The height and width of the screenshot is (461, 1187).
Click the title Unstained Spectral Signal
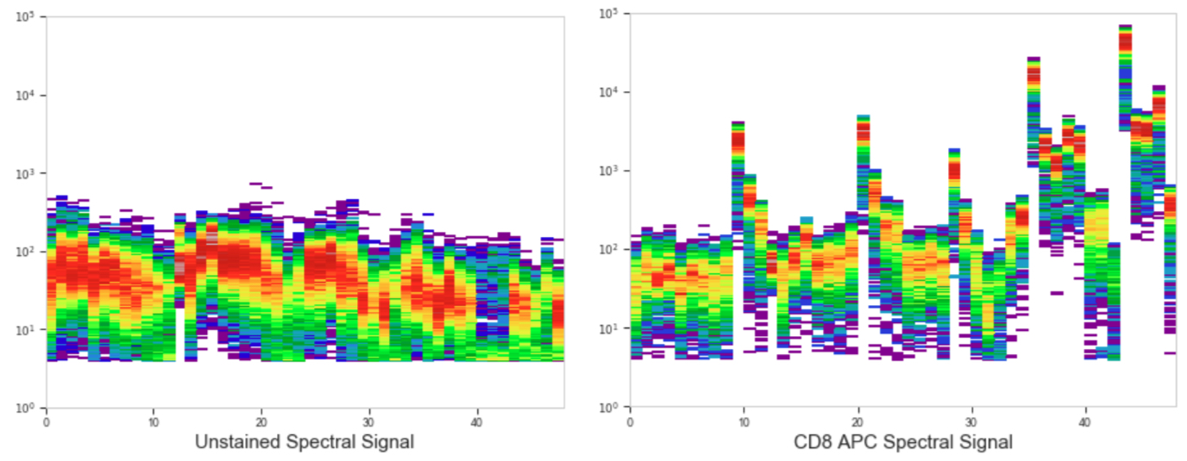tap(305, 442)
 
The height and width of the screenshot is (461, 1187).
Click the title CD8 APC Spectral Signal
tap(902, 443)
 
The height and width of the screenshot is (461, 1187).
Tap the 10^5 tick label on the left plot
tap(24, 17)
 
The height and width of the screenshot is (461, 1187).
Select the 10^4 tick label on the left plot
tap(24, 96)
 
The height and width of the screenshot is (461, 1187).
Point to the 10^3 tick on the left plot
tap(24, 173)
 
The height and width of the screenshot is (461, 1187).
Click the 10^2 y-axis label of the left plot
tap(24, 252)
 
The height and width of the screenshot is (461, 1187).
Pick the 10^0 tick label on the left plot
tap(24, 408)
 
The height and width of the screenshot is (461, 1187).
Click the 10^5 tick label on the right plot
tap(609, 14)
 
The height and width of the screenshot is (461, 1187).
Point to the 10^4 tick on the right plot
tap(609, 92)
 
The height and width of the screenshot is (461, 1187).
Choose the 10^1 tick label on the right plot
tap(609, 328)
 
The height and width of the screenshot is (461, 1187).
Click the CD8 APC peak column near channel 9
tap(738, 172)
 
